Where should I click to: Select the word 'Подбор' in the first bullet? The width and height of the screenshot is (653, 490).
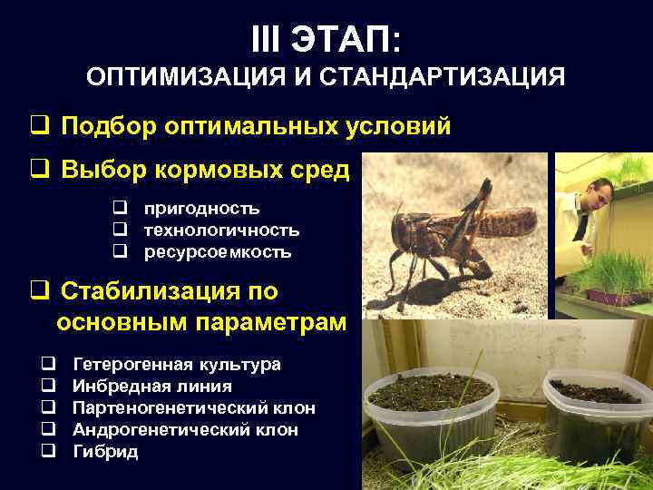(x=109, y=126)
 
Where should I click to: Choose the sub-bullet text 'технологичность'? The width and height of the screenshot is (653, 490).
(x=220, y=230)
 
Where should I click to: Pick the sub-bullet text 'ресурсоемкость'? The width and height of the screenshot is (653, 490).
(x=218, y=251)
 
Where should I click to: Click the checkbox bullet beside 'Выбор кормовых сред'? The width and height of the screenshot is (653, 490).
(x=39, y=170)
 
